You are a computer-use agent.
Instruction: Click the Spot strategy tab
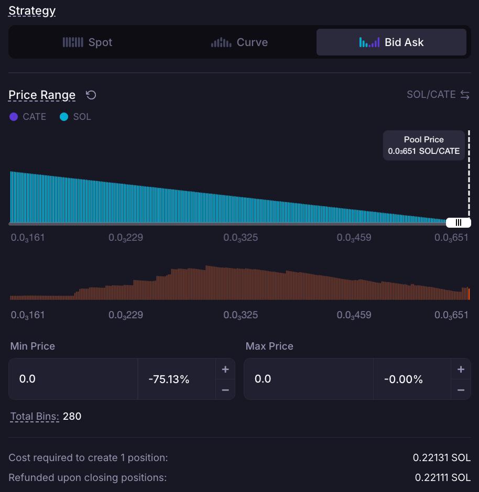88,42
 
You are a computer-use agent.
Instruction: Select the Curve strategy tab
239,42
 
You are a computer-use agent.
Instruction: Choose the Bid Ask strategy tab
391,42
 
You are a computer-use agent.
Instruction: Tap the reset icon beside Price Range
91,95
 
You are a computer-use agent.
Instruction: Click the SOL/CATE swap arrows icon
465,95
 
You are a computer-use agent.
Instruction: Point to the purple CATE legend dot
14,117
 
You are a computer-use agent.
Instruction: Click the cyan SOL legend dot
64,117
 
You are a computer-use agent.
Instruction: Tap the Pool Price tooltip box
424,146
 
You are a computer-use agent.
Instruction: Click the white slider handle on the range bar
458,223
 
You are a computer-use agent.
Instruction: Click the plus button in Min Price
225,370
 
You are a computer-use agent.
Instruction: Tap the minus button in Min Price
225,390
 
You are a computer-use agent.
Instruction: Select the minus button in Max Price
461,390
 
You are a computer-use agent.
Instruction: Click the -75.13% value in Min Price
169,379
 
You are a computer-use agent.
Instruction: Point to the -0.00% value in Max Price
404,379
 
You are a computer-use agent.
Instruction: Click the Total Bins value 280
72,416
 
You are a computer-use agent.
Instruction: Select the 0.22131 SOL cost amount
442,457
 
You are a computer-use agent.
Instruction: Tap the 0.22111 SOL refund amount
442,477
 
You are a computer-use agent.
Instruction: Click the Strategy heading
32,11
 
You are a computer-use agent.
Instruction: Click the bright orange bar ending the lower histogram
469,294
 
